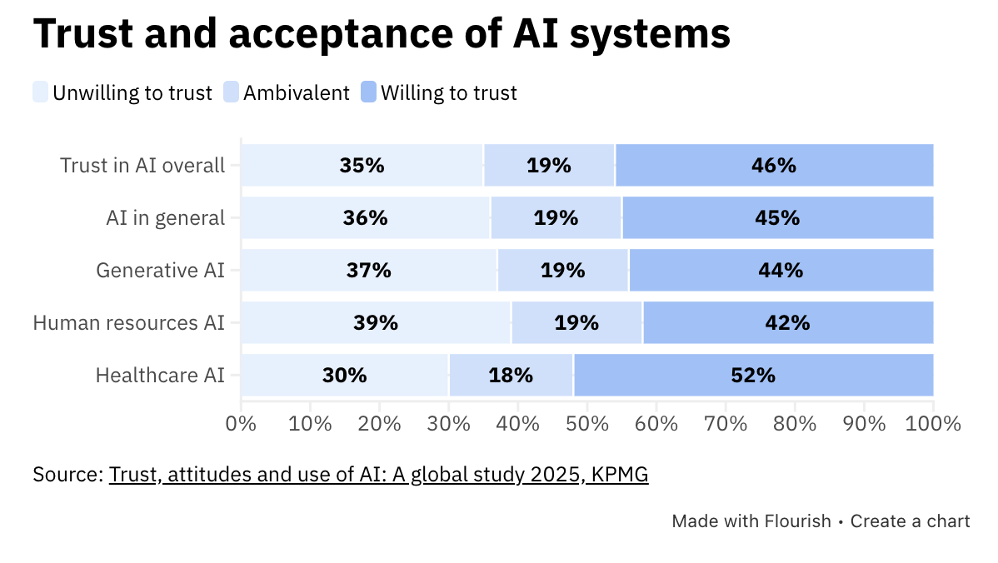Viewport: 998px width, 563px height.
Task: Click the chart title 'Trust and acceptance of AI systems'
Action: (382, 35)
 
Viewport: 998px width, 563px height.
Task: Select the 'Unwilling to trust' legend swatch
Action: (41, 92)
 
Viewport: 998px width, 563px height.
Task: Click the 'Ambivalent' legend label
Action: (296, 92)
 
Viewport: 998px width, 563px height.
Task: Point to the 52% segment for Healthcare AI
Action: (753, 375)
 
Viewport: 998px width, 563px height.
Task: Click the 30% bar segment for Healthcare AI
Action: (345, 375)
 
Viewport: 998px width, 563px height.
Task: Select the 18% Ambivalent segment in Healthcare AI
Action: (511, 375)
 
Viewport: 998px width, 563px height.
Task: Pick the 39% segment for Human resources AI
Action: (376, 322)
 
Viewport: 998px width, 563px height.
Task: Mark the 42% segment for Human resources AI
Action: (787, 322)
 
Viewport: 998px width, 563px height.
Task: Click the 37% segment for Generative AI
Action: (369, 270)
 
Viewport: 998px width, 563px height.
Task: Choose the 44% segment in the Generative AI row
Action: (781, 270)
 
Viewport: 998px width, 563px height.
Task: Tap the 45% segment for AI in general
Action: (777, 217)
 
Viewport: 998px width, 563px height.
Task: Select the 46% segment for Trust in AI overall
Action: (774, 165)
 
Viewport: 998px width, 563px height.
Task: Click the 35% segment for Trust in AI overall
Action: (362, 165)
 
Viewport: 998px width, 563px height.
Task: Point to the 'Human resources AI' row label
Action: (129, 322)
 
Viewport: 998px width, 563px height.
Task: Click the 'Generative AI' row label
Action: (161, 270)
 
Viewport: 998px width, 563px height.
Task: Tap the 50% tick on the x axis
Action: (587, 423)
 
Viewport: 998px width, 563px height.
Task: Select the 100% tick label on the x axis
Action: (933, 423)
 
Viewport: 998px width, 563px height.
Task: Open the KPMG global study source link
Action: (378, 475)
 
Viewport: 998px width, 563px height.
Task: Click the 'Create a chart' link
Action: (910, 521)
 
